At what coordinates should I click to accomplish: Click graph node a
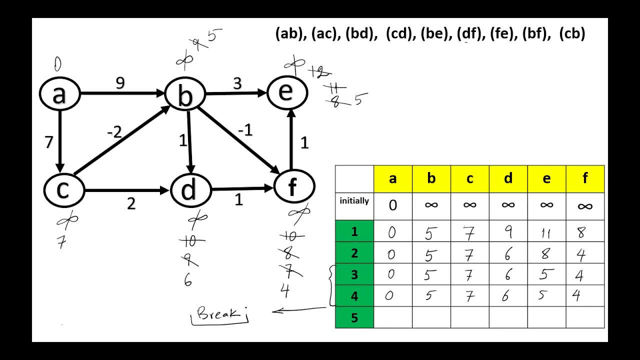[x=59, y=94]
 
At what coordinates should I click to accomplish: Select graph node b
[x=185, y=95]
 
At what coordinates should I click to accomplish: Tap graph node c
[x=63, y=190]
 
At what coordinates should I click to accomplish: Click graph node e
[x=286, y=91]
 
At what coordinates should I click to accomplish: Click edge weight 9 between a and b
[x=120, y=83]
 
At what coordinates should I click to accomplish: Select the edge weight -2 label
[x=114, y=132]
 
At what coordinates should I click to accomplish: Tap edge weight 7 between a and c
[x=48, y=142]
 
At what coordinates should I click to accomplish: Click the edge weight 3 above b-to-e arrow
[x=237, y=83]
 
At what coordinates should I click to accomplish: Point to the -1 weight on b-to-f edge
[x=245, y=130]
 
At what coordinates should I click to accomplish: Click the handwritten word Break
[x=219, y=314]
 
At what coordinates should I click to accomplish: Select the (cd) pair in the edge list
[x=398, y=34]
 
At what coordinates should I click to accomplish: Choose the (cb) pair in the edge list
[x=572, y=34]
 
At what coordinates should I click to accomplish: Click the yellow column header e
[x=546, y=178]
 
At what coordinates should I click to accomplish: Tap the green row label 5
[x=354, y=317]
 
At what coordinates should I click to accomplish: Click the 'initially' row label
[x=354, y=201]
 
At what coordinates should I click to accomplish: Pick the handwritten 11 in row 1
[x=546, y=232]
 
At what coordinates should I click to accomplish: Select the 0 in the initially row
[x=392, y=205]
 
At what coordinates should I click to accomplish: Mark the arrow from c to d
[x=127, y=190]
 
